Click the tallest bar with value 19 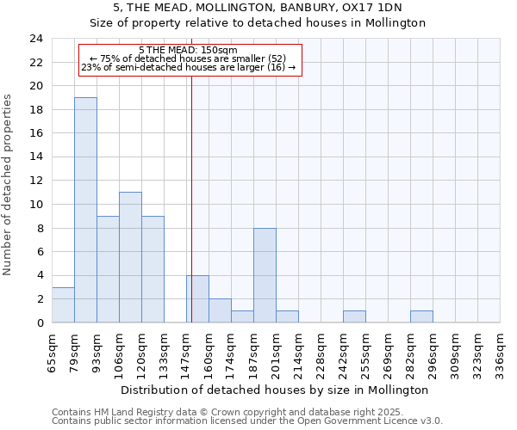[x=85, y=210]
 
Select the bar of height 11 [x=130, y=257]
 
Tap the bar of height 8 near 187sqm [x=265, y=275]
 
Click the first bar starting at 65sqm [x=63, y=305]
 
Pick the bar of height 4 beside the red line [x=197, y=299]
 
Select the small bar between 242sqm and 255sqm [x=354, y=316]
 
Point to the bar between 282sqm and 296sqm [x=421, y=316]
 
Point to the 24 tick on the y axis [x=35, y=39]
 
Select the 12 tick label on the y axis [x=35, y=181]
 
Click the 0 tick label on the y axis [x=39, y=322]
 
